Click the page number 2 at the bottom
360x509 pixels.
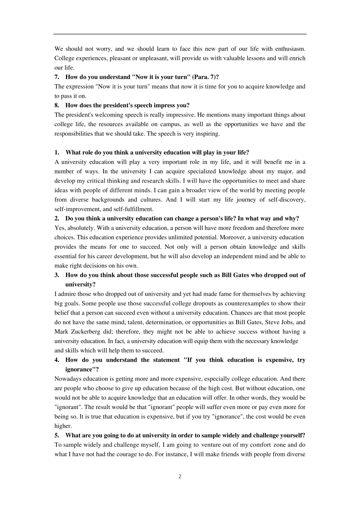pos(180,476)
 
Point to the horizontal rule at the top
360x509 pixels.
pos(180,34)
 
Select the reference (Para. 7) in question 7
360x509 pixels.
pos(205,77)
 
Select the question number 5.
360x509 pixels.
pos(57,436)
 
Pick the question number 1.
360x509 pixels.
pos(57,153)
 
